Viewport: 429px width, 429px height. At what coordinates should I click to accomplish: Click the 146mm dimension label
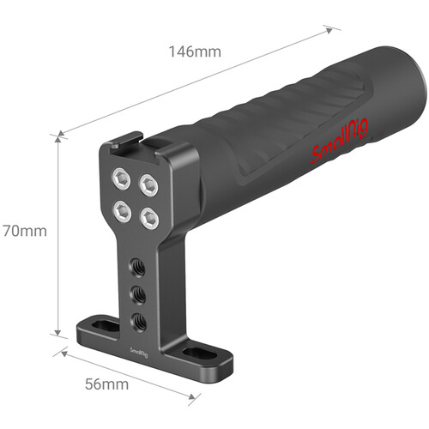195,51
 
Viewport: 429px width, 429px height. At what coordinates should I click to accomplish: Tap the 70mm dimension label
25,231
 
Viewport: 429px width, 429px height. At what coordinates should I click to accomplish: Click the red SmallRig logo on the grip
340,140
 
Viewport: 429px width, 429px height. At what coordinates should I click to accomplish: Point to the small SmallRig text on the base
139,352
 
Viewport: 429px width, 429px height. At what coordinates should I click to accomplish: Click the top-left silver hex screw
121,178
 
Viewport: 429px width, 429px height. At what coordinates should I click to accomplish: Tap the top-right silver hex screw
148,185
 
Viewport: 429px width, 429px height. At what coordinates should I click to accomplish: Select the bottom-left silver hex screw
122,211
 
